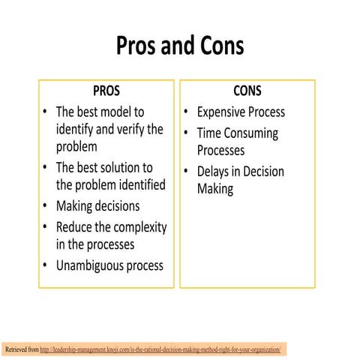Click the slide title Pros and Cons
click(x=180, y=46)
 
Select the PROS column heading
click(x=106, y=91)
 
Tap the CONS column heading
click(x=247, y=91)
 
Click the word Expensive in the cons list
click(x=225, y=112)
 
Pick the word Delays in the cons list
click(x=213, y=172)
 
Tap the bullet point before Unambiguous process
click(x=46, y=265)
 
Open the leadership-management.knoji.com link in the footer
click(x=160, y=350)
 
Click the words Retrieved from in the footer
click(x=20, y=350)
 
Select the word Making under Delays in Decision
click(x=215, y=189)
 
